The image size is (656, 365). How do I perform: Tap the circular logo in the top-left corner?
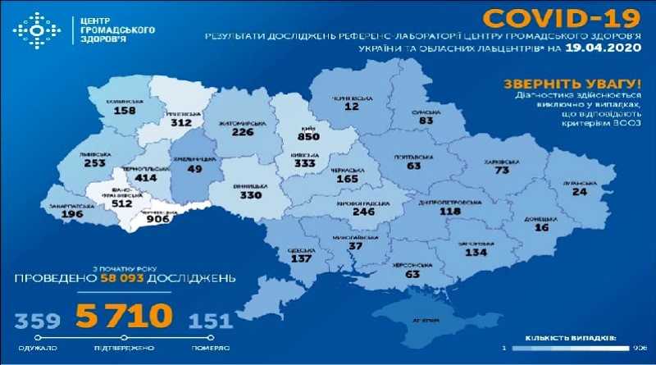pos(34,31)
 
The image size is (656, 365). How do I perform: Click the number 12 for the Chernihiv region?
pos(352,107)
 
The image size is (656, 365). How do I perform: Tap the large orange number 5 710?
pos(125,315)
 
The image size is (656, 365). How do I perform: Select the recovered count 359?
pos(30,319)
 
